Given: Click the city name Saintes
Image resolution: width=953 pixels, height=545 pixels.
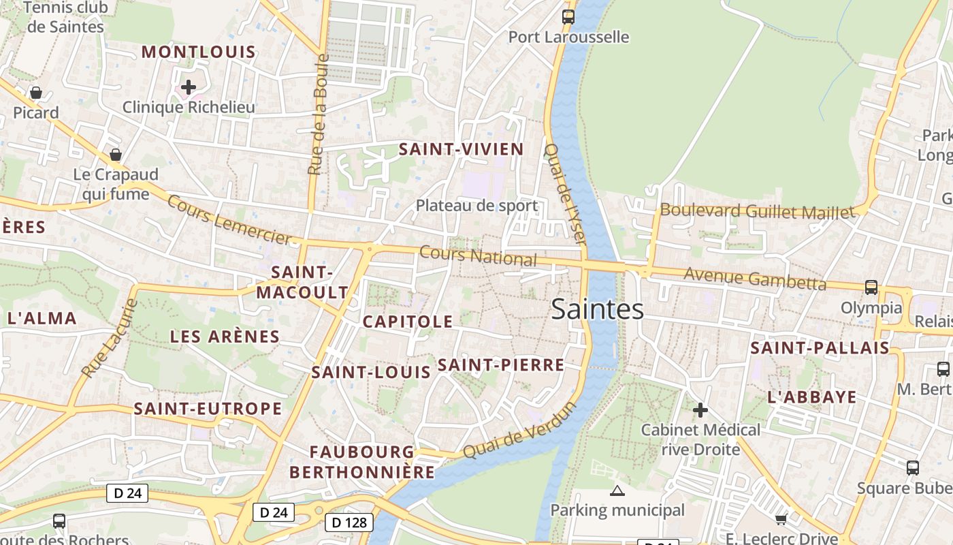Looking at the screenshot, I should (x=597, y=309).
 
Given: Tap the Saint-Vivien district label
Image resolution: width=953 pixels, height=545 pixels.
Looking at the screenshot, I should (x=461, y=150).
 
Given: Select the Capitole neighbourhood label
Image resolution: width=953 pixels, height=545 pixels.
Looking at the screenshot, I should (x=408, y=322).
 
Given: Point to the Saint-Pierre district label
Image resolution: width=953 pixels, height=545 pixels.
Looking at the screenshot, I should (x=500, y=365).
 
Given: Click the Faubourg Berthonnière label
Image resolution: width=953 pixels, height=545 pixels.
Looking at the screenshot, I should (x=362, y=462).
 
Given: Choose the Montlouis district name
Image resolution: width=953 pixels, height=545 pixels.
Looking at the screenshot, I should (x=199, y=52).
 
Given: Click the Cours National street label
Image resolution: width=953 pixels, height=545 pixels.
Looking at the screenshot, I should (x=478, y=256).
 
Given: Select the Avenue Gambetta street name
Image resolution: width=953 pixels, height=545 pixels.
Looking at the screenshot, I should (x=754, y=278).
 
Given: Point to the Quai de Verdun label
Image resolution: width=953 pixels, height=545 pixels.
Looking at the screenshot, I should (x=519, y=431).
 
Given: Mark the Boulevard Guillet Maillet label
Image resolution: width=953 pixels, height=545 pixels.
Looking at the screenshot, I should (x=757, y=211).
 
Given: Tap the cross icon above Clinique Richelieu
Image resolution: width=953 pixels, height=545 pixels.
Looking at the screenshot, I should (x=189, y=87).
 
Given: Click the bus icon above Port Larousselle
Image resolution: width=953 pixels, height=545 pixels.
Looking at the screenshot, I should (x=568, y=16).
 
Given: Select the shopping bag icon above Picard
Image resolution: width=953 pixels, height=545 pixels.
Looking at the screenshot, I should (x=36, y=93).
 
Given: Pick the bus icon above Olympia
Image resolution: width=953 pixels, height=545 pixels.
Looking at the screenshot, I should (x=871, y=287).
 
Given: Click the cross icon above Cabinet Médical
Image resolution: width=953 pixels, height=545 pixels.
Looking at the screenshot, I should (x=700, y=410).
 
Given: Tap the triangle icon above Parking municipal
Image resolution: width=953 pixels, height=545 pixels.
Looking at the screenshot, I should (x=617, y=490).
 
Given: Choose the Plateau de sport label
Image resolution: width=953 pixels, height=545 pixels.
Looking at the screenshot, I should (x=476, y=206).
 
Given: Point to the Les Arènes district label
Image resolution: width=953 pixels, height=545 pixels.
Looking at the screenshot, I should (x=225, y=337).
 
